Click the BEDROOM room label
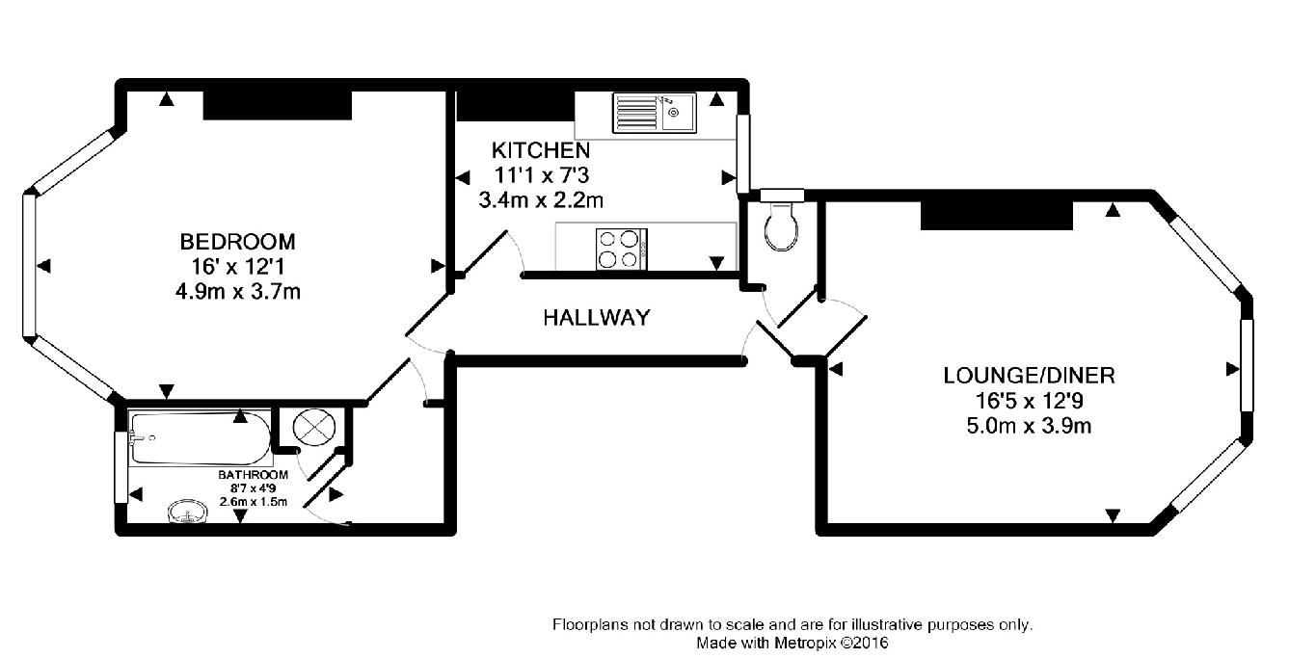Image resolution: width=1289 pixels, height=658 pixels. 238,242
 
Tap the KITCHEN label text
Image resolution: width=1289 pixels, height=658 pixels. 541,150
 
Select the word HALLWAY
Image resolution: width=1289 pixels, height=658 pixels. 597,318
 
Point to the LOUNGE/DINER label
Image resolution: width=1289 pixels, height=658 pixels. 1029,376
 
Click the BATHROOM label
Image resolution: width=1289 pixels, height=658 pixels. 254,475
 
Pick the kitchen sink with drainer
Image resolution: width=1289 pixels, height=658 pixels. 655,113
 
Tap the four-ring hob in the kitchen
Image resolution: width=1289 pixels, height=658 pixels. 622,250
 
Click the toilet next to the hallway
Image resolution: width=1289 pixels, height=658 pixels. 782,225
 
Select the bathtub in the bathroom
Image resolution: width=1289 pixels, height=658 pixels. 201,438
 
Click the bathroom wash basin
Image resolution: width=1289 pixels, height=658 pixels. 187,511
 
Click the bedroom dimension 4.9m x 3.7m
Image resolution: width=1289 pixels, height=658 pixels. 238,292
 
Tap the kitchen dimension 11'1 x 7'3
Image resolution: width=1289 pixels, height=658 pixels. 542,174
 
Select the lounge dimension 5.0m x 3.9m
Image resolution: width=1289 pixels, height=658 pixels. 1029,426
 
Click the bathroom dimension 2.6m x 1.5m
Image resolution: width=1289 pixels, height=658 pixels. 254,502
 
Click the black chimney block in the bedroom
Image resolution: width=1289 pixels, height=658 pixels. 278,105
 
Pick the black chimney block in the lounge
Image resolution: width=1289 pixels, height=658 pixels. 997,216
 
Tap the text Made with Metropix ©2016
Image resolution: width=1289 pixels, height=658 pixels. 792,643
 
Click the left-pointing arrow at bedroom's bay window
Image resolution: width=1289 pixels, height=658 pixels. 43,266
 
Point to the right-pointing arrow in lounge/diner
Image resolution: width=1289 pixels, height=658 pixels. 1232,369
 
